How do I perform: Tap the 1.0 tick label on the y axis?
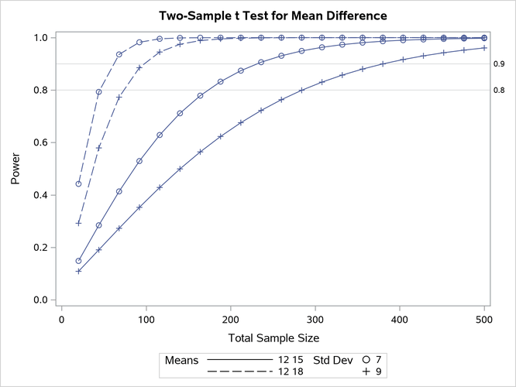45,38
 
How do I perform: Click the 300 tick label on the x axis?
230,317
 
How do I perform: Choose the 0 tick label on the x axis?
62,317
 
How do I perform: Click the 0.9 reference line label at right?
499,64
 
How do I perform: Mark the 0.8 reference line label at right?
499,91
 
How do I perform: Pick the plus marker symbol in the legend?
366,373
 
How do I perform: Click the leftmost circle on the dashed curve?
78,184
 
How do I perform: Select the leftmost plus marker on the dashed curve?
78,224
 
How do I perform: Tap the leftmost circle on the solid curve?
78,261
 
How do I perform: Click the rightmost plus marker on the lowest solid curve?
484,48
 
